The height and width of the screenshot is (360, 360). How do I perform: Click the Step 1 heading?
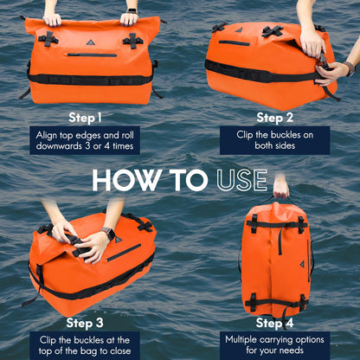87,117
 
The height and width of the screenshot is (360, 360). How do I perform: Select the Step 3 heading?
87,323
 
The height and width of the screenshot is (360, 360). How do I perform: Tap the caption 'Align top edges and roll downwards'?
87,140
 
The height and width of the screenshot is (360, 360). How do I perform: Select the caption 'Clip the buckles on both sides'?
273,140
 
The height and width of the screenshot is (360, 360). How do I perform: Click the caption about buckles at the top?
87,345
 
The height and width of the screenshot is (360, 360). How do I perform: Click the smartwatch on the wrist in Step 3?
108,233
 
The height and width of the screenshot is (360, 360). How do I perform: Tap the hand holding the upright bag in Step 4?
281,186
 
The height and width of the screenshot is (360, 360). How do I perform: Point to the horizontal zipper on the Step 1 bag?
92,55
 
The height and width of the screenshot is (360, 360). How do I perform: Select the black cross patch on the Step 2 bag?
273,32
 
